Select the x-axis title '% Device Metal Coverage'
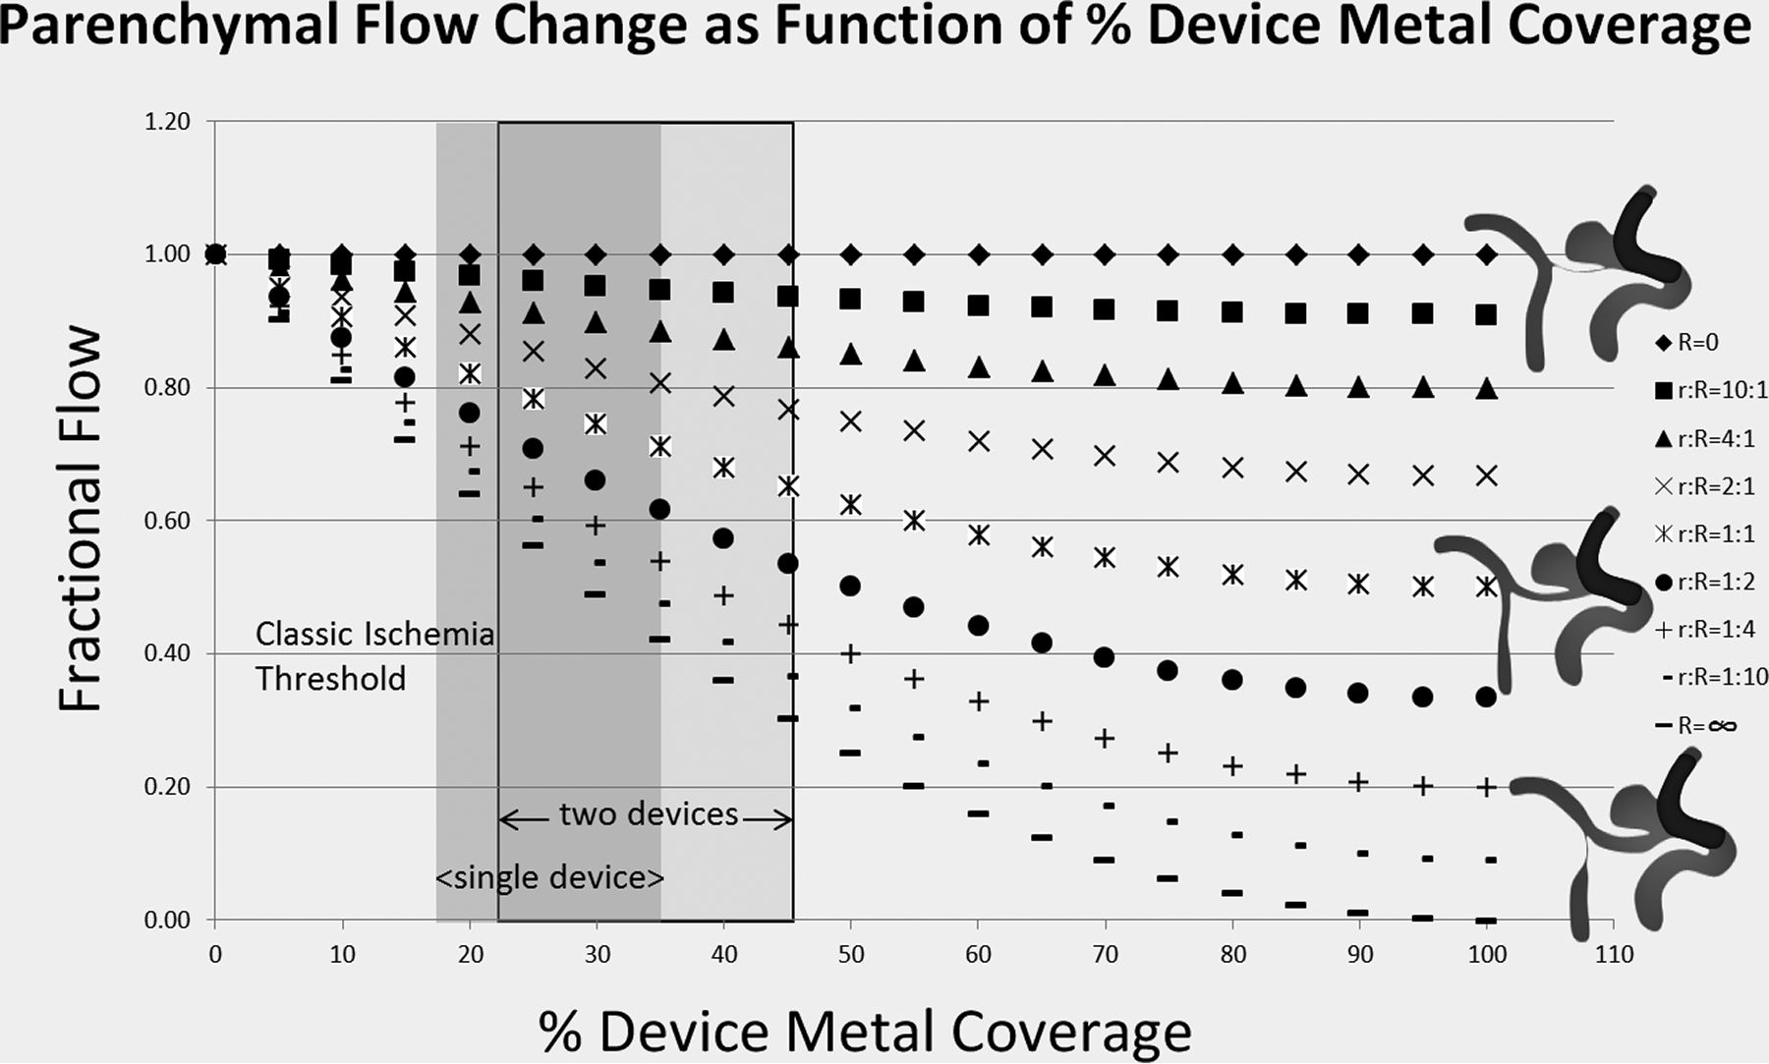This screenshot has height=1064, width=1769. click(864, 1031)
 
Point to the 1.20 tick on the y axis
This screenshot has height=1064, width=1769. click(167, 122)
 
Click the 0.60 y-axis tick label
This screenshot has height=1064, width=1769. click(167, 521)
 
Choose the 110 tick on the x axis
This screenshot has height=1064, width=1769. click(1614, 954)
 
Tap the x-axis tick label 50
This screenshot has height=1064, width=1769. click(851, 954)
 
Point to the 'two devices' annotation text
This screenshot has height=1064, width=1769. click(649, 814)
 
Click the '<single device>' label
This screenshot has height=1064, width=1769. click(549, 877)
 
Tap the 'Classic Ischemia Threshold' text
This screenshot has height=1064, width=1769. click(373, 656)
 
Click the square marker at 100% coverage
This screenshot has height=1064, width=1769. click(1486, 314)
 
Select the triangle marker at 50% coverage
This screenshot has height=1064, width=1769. click(851, 354)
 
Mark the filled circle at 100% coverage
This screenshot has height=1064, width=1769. click(1486, 697)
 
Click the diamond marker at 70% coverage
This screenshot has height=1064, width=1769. click(1105, 255)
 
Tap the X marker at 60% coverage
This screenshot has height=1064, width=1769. click(978, 441)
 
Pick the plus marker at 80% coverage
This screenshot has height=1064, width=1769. click(1232, 765)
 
